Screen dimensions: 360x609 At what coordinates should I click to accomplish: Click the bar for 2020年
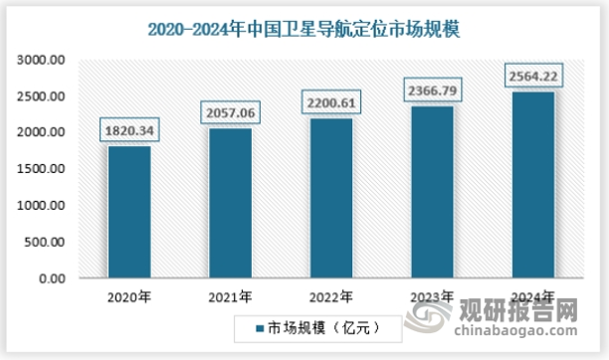(129, 213)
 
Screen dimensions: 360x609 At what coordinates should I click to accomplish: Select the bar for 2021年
(230, 204)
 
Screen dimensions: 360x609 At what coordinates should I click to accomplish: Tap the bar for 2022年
(332, 199)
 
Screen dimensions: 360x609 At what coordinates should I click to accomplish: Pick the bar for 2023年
(432, 193)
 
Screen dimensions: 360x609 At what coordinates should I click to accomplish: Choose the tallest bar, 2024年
(532, 185)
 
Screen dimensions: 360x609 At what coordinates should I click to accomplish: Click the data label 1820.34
(130, 129)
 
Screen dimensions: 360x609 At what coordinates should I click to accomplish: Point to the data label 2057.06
(231, 112)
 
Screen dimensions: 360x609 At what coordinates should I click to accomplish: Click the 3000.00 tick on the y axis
(42, 61)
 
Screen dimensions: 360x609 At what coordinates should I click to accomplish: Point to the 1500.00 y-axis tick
(42, 169)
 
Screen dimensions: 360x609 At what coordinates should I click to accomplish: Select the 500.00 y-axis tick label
(46, 243)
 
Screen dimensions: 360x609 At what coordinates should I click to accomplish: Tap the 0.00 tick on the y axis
(52, 278)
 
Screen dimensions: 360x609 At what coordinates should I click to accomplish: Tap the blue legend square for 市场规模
(248, 325)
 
